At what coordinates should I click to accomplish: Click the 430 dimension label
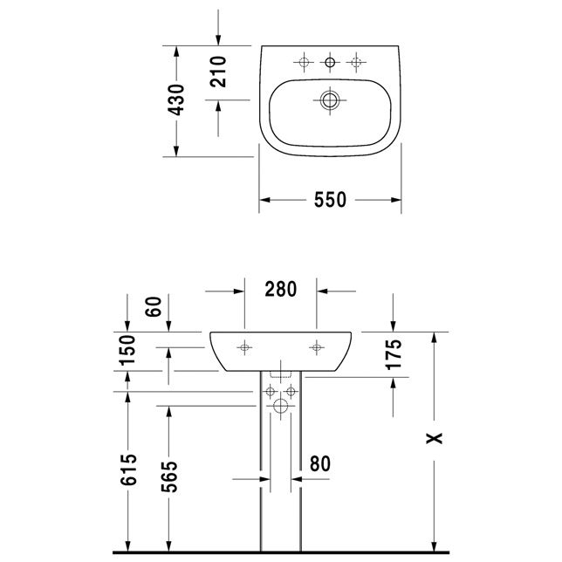pyautogui.click(x=177, y=100)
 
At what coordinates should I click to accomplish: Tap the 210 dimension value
pyautogui.click(x=219, y=72)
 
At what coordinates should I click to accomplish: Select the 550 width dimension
pyautogui.click(x=331, y=201)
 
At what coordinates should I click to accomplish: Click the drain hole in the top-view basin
pyautogui.click(x=329, y=100)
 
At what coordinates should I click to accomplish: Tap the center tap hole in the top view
pyautogui.click(x=330, y=61)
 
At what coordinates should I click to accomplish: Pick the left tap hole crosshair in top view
pyautogui.click(x=304, y=61)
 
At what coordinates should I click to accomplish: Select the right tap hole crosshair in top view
pyautogui.click(x=355, y=61)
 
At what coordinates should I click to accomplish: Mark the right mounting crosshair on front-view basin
pyautogui.click(x=316, y=346)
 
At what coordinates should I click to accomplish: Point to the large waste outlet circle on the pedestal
pyautogui.click(x=281, y=408)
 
